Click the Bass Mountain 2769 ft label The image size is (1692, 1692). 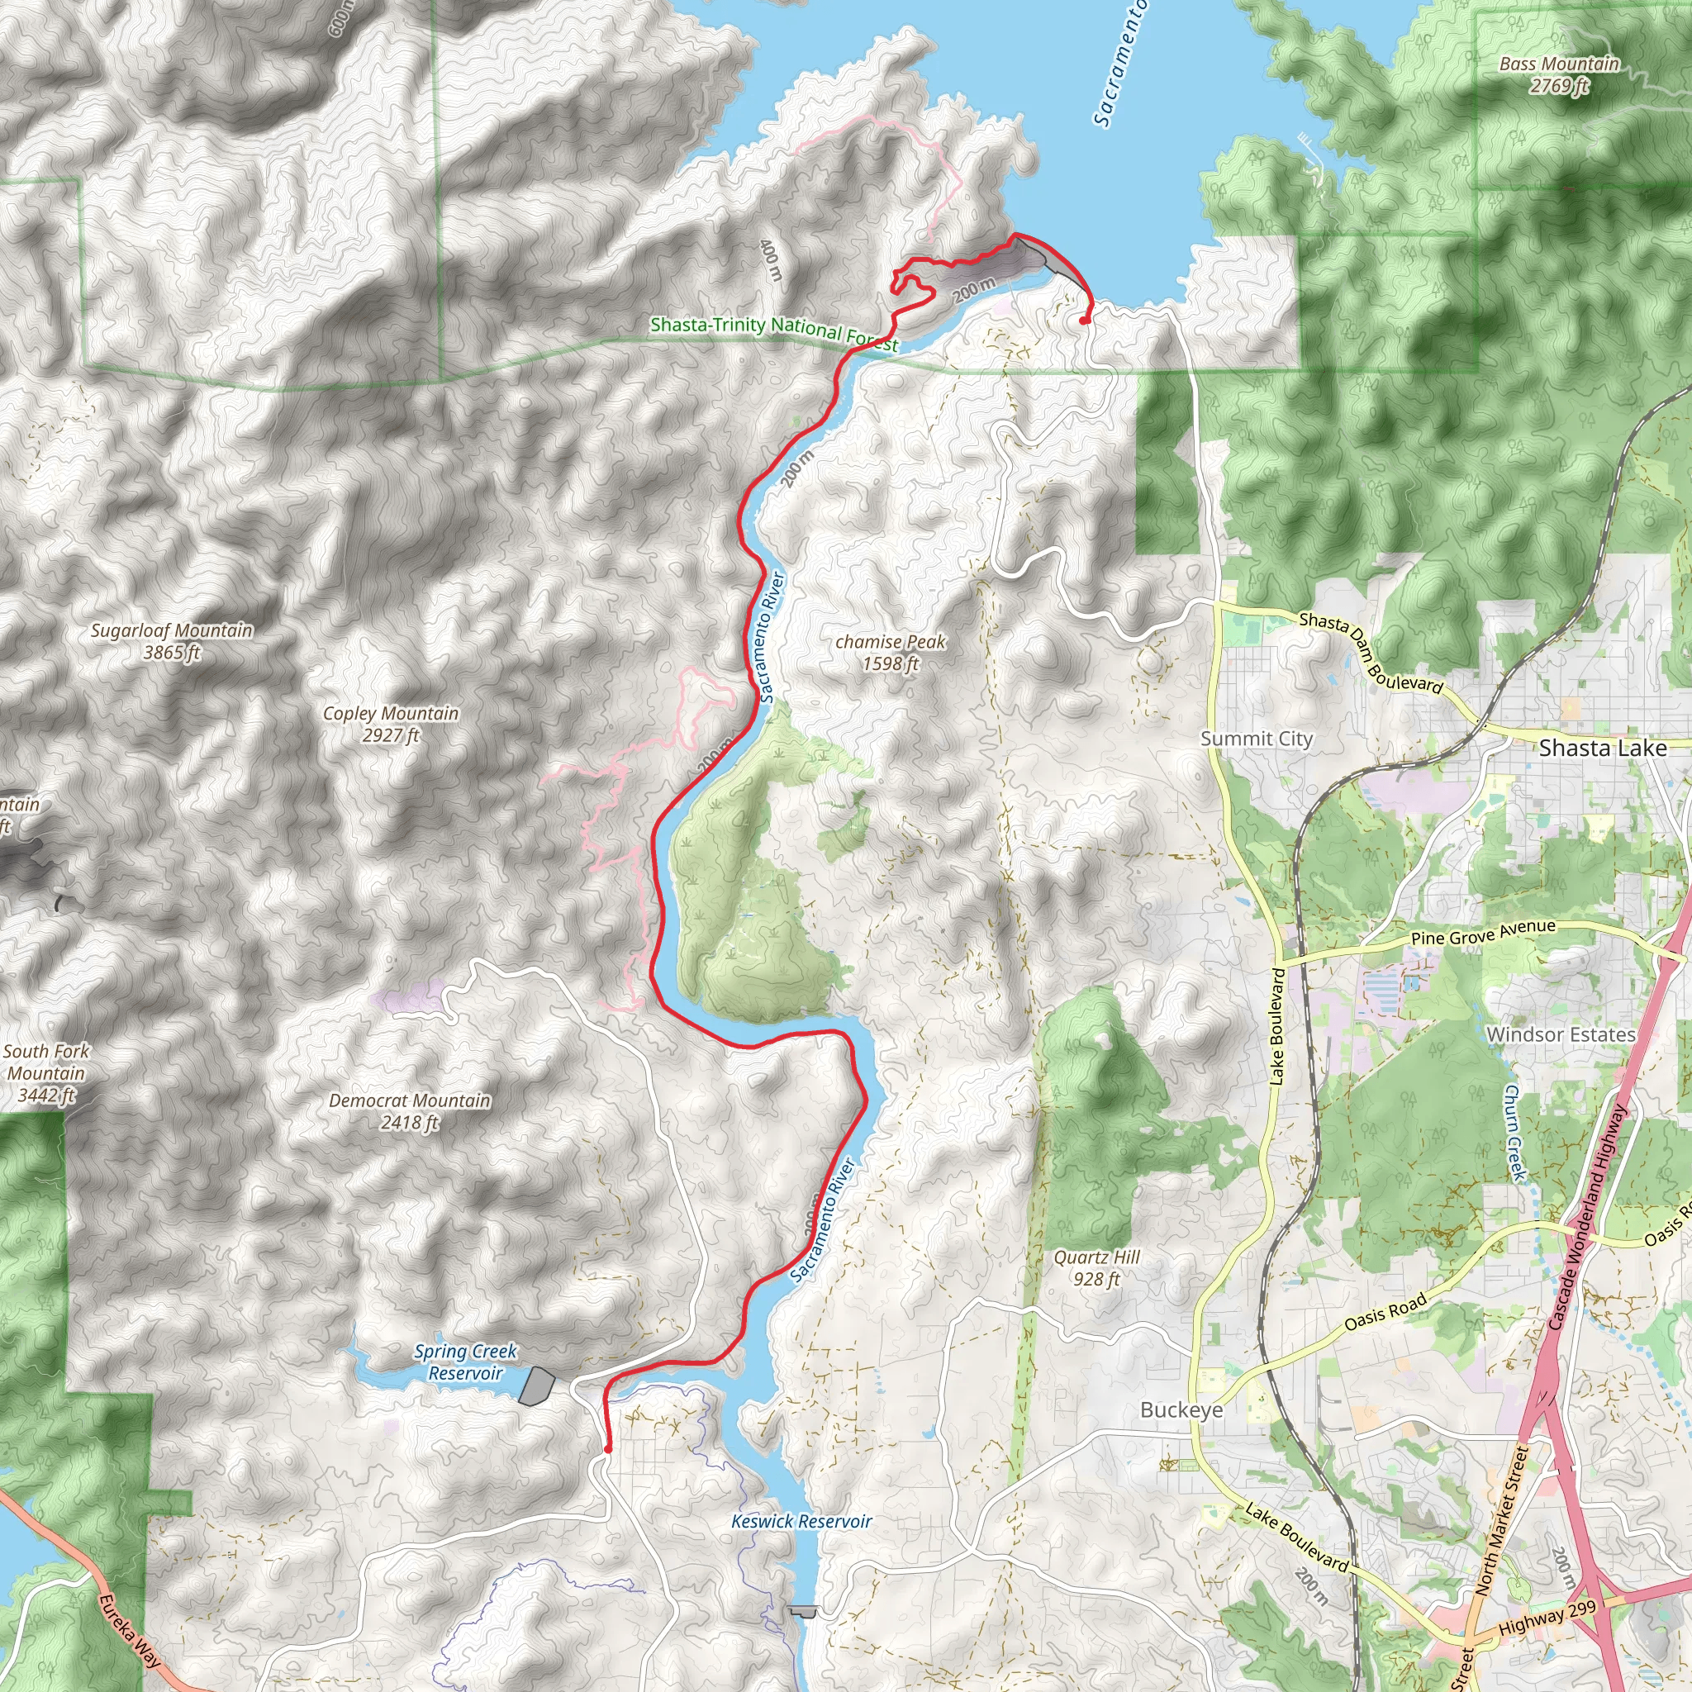[x=1559, y=74]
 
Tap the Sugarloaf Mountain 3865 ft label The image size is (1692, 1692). [x=172, y=641]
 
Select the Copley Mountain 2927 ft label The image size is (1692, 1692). [x=391, y=725]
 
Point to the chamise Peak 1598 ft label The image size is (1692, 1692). [x=890, y=653]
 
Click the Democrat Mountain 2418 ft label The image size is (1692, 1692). [x=409, y=1111]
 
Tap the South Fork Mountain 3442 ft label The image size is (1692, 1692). [x=45, y=1073]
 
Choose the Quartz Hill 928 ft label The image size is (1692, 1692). [x=1096, y=1268]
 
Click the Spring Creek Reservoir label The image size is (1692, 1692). [x=465, y=1362]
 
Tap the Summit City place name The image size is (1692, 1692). [x=1256, y=739]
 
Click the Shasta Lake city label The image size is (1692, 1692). [x=1602, y=748]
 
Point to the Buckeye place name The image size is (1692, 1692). [x=1181, y=1410]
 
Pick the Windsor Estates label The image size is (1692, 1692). [x=1561, y=1034]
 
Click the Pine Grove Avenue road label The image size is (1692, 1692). [x=1471, y=933]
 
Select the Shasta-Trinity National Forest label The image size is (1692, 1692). [x=773, y=333]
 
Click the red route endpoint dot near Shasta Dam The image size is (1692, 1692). [x=1084, y=321]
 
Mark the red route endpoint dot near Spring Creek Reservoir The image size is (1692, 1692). [x=608, y=1449]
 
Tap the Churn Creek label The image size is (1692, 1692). [x=1514, y=1133]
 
